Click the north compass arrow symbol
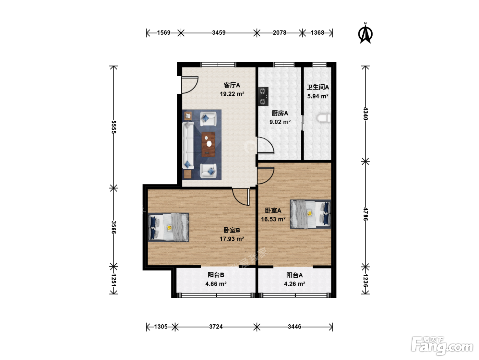(x=365, y=34)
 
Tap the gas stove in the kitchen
(x=263, y=96)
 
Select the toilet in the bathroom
(x=324, y=118)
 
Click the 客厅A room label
(x=232, y=85)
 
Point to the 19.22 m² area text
(x=232, y=94)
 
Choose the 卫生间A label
(x=318, y=87)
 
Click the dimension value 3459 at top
(x=219, y=33)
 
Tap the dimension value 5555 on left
(x=114, y=127)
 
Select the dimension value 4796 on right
(x=365, y=214)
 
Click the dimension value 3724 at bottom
(x=216, y=326)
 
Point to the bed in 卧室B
(x=168, y=227)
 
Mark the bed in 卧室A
(x=311, y=214)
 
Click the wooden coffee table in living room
(x=208, y=144)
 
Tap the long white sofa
(x=188, y=145)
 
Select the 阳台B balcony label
(x=216, y=275)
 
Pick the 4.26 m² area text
(x=294, y=284)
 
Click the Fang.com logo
(x=442, y=346)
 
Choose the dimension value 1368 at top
(x=317, y=33)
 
